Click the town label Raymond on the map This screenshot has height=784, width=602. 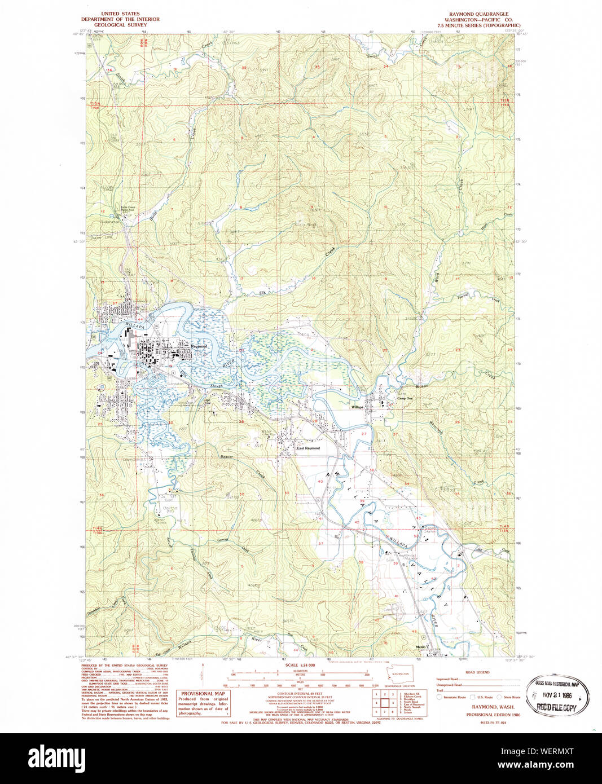click(x=199, y=346)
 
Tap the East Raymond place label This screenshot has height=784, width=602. click(x=309, y=448)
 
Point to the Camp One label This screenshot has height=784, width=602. click(x=405, y=398)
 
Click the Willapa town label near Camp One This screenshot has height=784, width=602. click(x=357, y=407)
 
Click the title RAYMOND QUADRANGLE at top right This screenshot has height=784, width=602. click(x=478, y=14)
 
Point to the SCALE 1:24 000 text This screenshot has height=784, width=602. click(x=300, y=665)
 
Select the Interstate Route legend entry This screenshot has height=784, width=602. click(x=454, y=697)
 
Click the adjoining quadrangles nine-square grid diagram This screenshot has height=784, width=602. click(x=384, y=702)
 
